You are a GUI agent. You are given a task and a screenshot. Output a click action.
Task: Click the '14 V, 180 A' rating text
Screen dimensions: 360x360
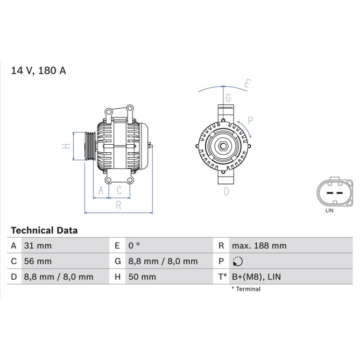39,70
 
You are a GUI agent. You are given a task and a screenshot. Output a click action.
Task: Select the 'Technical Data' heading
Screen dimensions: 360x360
45,230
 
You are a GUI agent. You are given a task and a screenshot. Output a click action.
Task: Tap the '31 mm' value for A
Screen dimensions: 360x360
38,246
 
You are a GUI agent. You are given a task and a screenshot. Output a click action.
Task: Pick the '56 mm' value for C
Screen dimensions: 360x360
38,262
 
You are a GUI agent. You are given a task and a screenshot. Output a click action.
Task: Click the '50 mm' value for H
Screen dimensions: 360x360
142,277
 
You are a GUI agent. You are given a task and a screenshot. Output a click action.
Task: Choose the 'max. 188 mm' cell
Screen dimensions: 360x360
259,246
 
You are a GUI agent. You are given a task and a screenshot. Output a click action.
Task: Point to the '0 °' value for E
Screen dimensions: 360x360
134,246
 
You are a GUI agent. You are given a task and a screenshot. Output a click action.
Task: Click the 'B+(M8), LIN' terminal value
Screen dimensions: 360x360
256,277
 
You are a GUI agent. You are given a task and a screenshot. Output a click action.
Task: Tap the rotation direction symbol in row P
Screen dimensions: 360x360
237,262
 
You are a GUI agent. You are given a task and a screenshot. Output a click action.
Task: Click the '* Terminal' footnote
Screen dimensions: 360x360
246,289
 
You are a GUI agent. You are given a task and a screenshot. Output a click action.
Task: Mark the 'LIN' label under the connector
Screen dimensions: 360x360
330,210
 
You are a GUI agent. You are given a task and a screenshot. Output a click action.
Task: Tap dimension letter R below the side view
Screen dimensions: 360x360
118,204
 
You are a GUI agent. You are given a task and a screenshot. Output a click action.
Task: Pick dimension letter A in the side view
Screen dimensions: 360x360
101,190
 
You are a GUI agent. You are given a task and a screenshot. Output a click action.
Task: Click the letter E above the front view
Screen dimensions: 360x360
248,83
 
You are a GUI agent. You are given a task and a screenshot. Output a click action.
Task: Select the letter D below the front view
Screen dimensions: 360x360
227,190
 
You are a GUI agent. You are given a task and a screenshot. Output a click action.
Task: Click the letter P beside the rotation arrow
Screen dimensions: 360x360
250,120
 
